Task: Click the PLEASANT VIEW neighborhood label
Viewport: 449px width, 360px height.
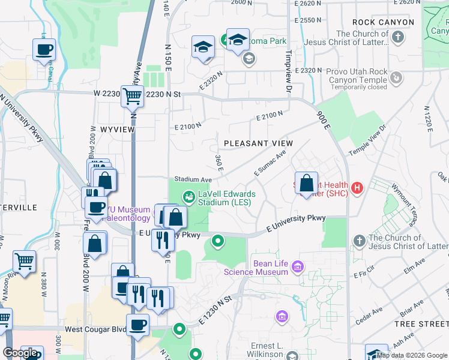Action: click(258, 143)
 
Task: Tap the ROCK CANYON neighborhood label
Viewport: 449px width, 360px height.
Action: click(383, 22)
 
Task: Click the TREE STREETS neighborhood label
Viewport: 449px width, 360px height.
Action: click(421, 324)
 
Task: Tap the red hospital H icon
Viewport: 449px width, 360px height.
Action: click(357, 188)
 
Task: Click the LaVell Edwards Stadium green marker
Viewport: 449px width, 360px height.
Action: click(189, 196)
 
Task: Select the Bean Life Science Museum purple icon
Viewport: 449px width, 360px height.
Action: click(297, 266)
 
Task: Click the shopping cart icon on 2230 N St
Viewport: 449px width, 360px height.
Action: click(132, 95)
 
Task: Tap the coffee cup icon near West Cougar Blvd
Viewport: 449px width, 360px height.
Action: click(138, 325)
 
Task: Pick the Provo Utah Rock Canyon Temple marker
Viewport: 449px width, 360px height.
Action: click(396, 77)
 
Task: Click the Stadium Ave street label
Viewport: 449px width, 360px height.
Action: click(193, 179)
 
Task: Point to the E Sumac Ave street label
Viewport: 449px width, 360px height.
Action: click(270, 163)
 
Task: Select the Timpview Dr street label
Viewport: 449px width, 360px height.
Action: click(288, 76)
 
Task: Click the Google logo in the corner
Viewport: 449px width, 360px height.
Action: click(21, 353)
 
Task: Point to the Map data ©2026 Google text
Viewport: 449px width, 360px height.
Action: click(412, 355)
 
